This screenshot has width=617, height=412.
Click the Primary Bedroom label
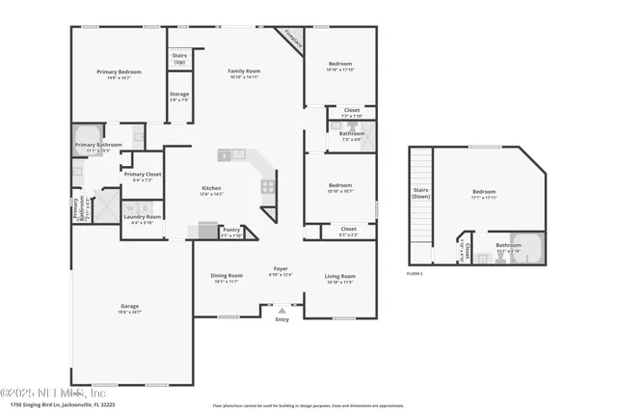coord(120,72)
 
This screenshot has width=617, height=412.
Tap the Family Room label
coord(244,72)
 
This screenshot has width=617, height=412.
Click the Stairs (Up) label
coord(179,59)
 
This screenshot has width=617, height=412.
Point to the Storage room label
coord(179,96)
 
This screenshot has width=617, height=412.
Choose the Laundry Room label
coord(142,218)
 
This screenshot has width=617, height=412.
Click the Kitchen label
coord(211,189)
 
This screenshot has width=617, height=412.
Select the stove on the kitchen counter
coord(268,186)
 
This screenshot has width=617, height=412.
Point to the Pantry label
coord(230,231)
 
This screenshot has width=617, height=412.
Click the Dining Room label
coord(227,277)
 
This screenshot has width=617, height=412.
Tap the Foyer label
coord(281,271)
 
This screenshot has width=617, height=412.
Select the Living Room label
coord(340,277)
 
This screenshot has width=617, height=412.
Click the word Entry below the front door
coord(282,319)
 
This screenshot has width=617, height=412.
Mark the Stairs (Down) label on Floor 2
coord(420,192)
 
